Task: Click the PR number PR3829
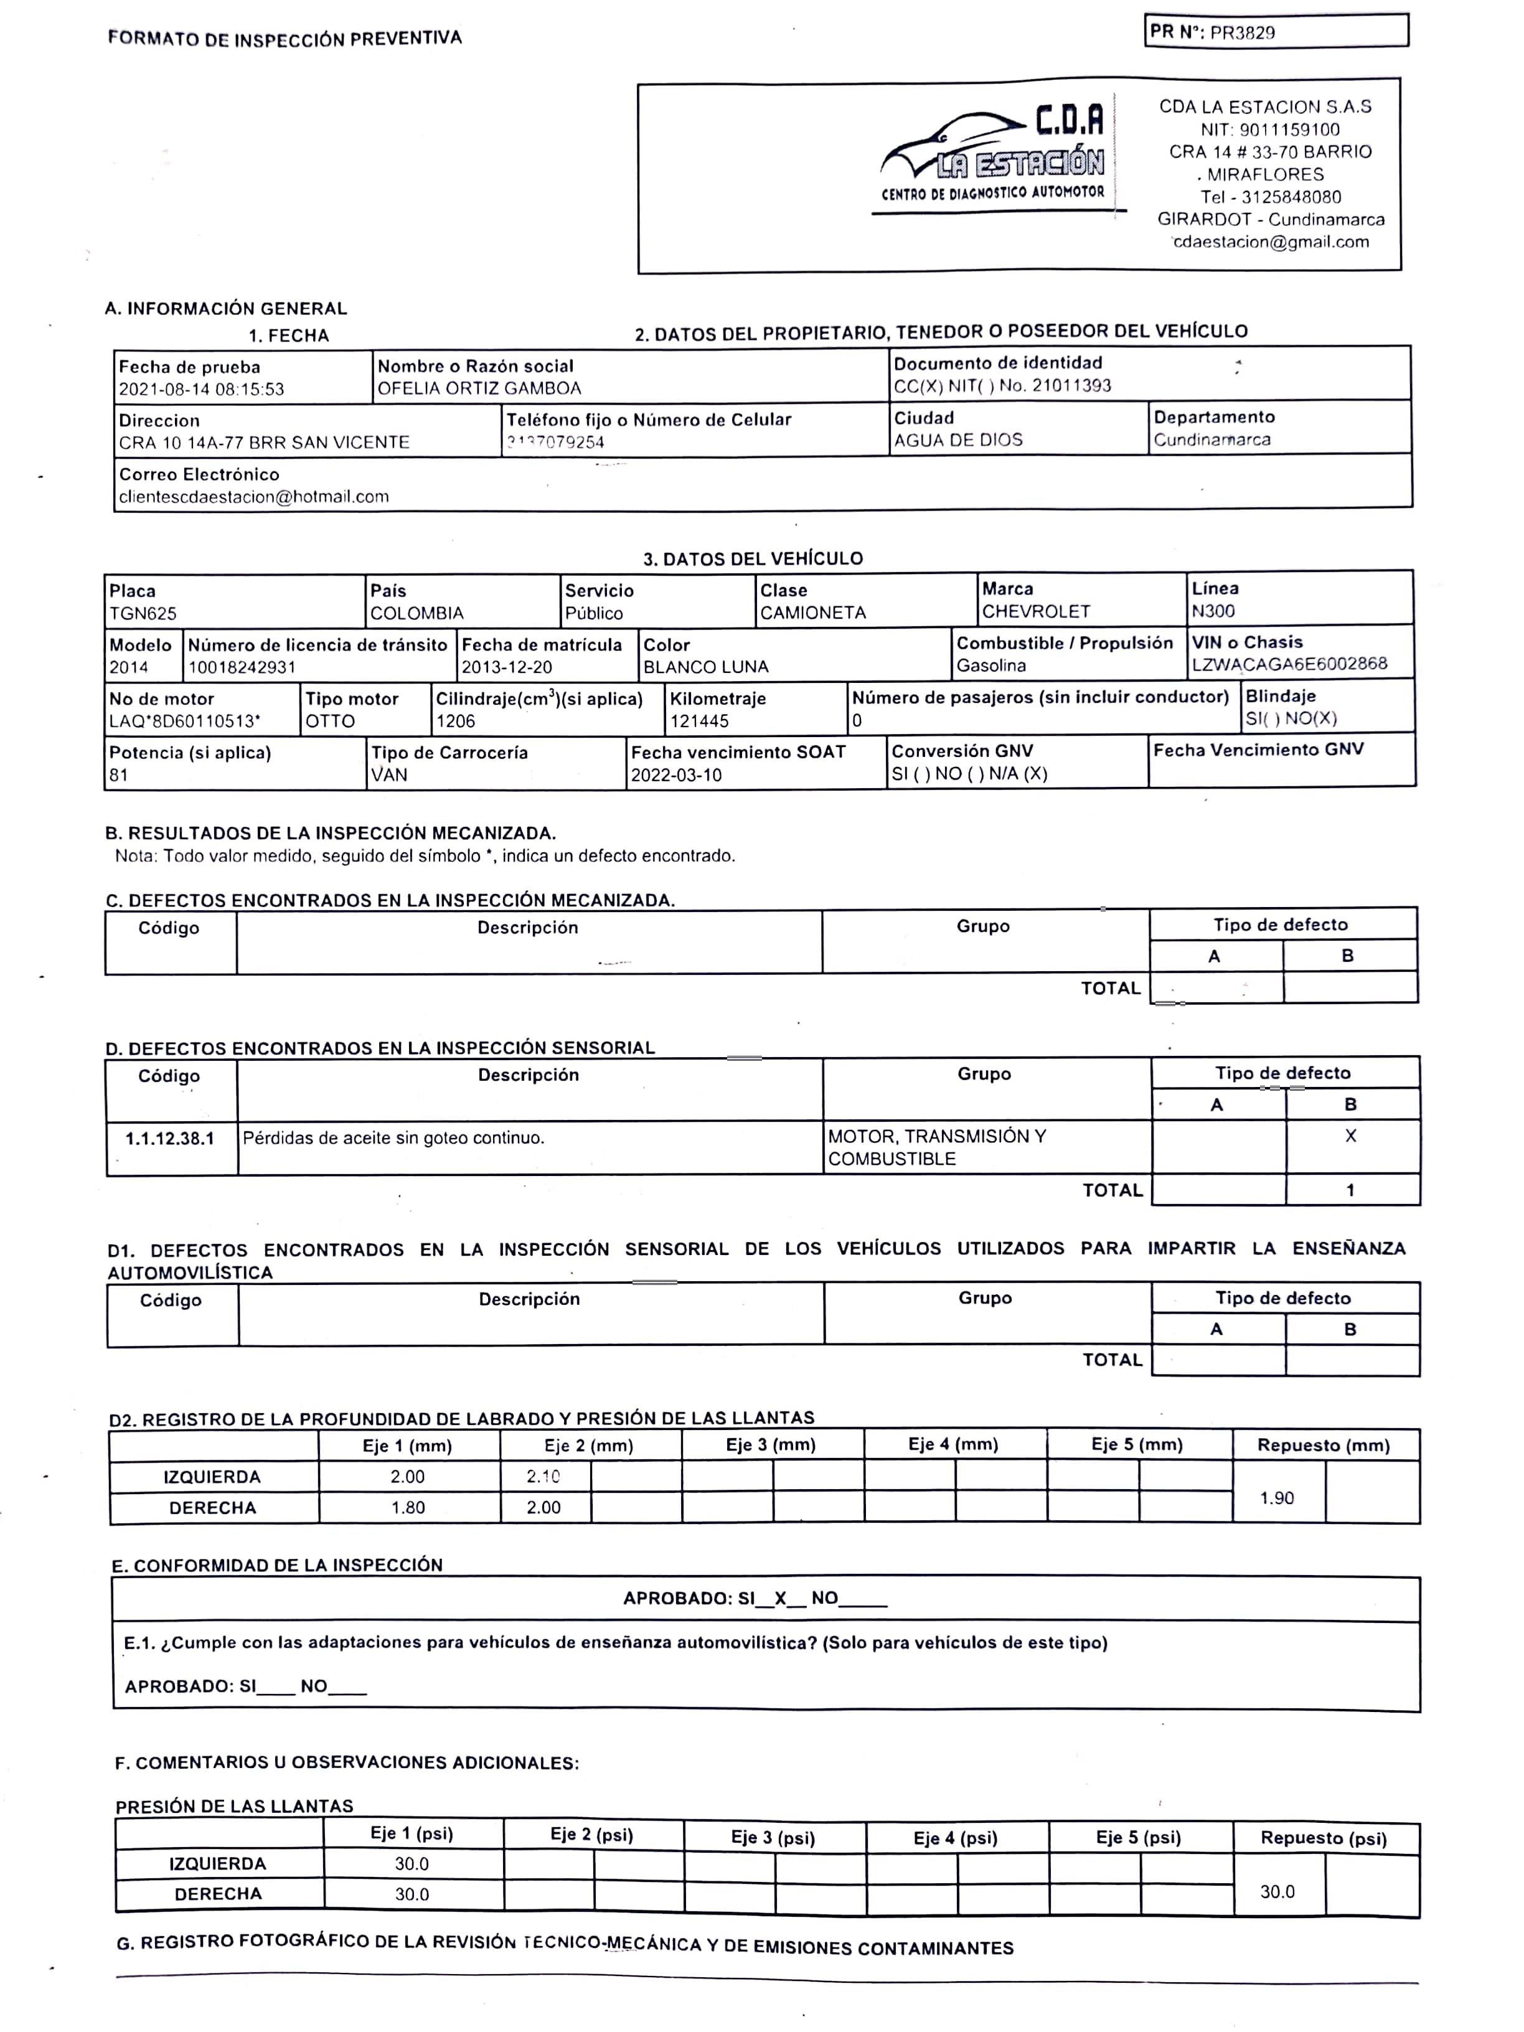(x=1242, y=33)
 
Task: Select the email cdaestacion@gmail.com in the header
(x=1271, y=243)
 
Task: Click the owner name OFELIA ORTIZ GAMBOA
(x=479, y=388)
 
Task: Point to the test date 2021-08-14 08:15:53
(x=201, y=390)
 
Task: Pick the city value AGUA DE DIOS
(x=958, y=441)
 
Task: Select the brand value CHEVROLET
(x=1035, y=612)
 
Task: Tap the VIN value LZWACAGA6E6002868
(x=1289, y=664)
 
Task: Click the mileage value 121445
(x=700, y=721)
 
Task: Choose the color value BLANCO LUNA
(x=705, y=667)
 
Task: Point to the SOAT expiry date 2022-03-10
(x=676, y=775)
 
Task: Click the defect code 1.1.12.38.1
(x=170, y=1139)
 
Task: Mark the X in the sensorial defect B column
(x=1350, y=1136)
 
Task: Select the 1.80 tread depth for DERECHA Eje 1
(x=408, y=1507)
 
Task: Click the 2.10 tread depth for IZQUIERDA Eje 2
(x=543, y=1476)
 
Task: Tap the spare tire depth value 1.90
(x=1277, y=1498)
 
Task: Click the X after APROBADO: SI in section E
(x=780, y=1599)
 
